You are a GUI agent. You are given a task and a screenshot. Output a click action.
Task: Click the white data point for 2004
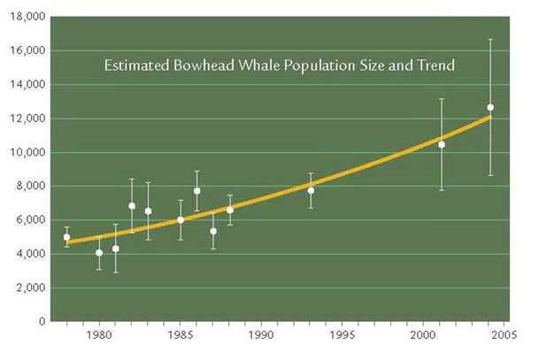490,107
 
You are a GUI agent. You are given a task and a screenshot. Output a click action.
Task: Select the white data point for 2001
442,144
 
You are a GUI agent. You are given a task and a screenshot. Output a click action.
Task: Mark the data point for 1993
311,190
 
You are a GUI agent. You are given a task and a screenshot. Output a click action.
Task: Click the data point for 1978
66,237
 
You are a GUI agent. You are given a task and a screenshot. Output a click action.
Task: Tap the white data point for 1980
99,252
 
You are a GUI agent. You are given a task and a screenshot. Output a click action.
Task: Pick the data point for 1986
197,191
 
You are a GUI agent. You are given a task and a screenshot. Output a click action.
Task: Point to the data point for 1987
213,231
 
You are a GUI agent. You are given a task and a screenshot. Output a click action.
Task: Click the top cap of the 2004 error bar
490,40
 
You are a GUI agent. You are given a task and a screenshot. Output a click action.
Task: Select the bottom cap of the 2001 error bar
442,190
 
